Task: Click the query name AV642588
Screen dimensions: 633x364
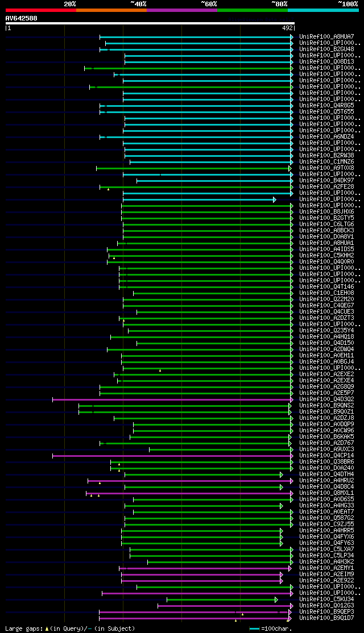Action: (x=22, y=18)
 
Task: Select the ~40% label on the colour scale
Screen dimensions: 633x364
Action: (x=138, y=4)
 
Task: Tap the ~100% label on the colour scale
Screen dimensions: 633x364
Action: (x=348, y=4)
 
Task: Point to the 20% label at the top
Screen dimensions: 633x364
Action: (x=70, y=4)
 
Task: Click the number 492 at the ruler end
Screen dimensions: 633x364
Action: (x=287, y=28)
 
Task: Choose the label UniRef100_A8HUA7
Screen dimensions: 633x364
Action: (x=326, y=37)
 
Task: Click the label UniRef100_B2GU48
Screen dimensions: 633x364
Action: (x=326, y=49)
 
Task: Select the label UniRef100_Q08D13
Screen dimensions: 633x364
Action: (x=326, y=62)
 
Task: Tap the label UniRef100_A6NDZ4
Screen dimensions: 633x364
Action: (x=326, y=137)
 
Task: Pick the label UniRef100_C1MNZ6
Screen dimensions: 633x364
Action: (x=326, y=162)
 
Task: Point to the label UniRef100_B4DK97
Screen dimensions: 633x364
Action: (x=326, y=181)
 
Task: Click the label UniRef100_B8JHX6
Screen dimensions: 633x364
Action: (x=326, y=212)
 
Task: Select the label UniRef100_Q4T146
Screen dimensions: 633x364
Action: (x=326, y=287)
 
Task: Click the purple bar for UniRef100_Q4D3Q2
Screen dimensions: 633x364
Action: (x=171, y=399)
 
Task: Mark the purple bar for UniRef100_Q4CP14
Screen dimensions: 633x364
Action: (x=171, y=456)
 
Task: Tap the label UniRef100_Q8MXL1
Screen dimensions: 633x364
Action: (x=326, y=493)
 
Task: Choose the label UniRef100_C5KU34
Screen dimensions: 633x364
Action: (x=326, y=599)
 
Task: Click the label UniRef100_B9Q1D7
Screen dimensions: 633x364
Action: (x=326, y=618)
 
